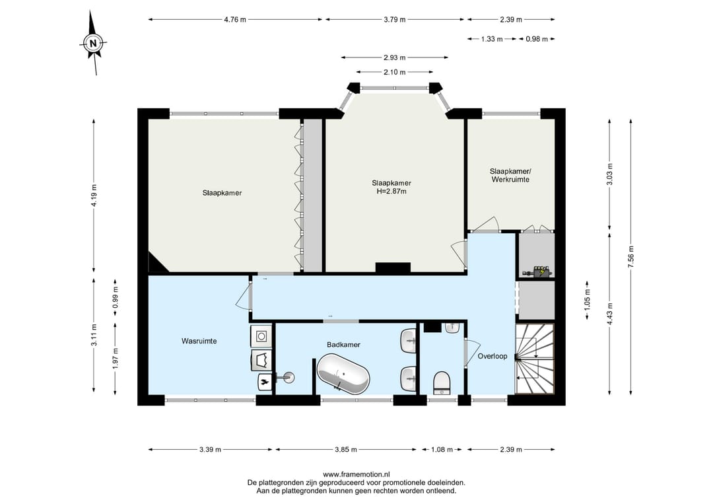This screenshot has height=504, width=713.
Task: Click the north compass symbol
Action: tap(94, 43)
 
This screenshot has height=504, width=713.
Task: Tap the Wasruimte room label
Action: tap(199, 341)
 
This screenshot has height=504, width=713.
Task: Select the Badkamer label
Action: tap(343, 345)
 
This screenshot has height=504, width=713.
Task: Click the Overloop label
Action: tap(492, 357)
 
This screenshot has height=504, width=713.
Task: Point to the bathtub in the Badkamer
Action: tap(343, 373)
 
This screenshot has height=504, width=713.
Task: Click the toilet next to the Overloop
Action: tap(441, 382)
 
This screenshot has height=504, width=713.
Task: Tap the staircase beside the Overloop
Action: tap(535, 359)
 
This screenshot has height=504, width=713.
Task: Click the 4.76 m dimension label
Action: tap(235, 20)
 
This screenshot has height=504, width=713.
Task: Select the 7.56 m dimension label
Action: tap(630, 257)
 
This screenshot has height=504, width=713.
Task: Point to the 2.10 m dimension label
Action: tap(394, 72)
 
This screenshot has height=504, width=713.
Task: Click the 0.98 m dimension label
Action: tap(537, 39)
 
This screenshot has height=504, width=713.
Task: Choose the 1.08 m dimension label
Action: tap(442, 450)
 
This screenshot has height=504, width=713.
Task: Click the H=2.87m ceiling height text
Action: tap(391, 192)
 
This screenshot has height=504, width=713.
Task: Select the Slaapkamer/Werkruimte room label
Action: tap(510, 176)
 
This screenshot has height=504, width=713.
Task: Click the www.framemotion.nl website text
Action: tap(356, 474)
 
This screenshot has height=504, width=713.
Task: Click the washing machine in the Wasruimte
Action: tap(261, 336)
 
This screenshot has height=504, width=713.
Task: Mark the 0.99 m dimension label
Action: tap(115, 297)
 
